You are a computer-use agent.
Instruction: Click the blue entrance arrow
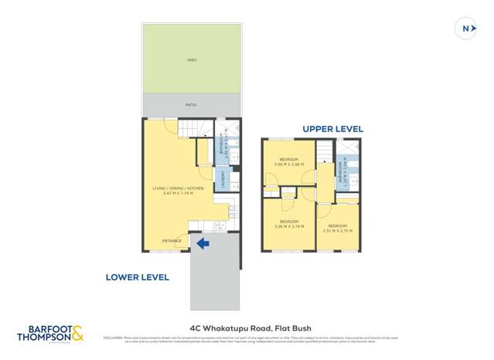pyautogui.click(x=203, y=244)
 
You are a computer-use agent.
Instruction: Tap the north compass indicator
pyautogui.click(x=467, y=29)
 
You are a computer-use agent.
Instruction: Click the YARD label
pyautogui.click(x=191, y=59)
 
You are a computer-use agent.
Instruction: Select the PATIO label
pyautogui.click(x=191, y=104)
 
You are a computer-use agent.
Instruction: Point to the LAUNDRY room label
pyautogui.click(x=223, y=180)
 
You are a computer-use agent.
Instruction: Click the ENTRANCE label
pyautogui.click(x=172, y=241)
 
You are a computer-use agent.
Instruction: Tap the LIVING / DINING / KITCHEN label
pyautogui.click(x=172, y=188)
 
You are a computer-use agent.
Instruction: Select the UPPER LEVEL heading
pyautogui.click(x=332, y=129)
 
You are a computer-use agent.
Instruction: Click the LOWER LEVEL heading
pyautogui.click(x=137, y=277)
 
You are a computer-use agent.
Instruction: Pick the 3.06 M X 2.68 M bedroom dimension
pyautogui.click(x=288, y=164)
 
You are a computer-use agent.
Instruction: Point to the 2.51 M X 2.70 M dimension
pyautogui.click(x=338, y=230)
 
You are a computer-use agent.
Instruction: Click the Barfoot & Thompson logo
pyautogui.click(x=52, y=334)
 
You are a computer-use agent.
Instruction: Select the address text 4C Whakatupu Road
pyautogui.click(x=247, y=327)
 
